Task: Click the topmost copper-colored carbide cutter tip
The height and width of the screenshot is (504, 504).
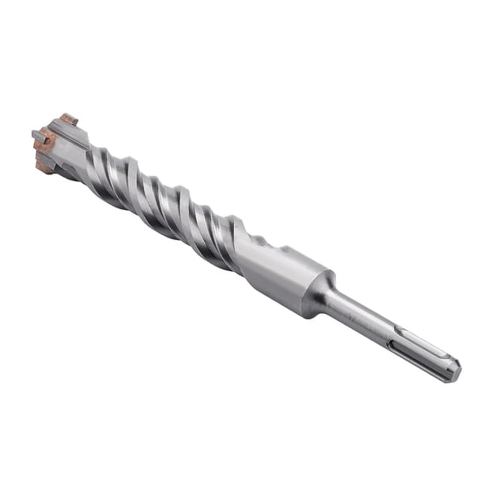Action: pyautogui.click(x=69, y=119)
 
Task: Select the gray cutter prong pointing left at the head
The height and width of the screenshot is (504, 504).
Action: pyautogui.click(x=38, y=135)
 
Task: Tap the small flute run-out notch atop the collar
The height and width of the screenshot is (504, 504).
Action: pyautogui.click(x=262, y=242)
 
